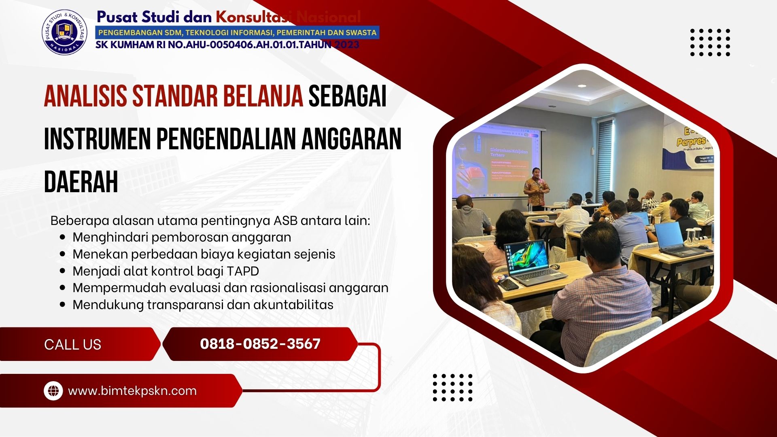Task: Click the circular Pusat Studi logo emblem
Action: (x=65, y=32)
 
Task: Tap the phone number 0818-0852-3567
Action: (x=260, y=344)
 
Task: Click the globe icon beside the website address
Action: (x=53, y=391)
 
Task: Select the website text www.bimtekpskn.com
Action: (x=132, y=391)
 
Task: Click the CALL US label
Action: (x=72, y=344)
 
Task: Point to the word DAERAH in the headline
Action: (x=81, y=182)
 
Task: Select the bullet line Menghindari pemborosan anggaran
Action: (x=182, y=237)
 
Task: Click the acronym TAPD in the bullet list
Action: (x=243, y=271)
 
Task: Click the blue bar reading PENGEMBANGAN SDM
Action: (x=237, y=33)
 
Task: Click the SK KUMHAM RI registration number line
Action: (x=227, y=45)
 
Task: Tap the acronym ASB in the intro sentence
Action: (x=285, y=221)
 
